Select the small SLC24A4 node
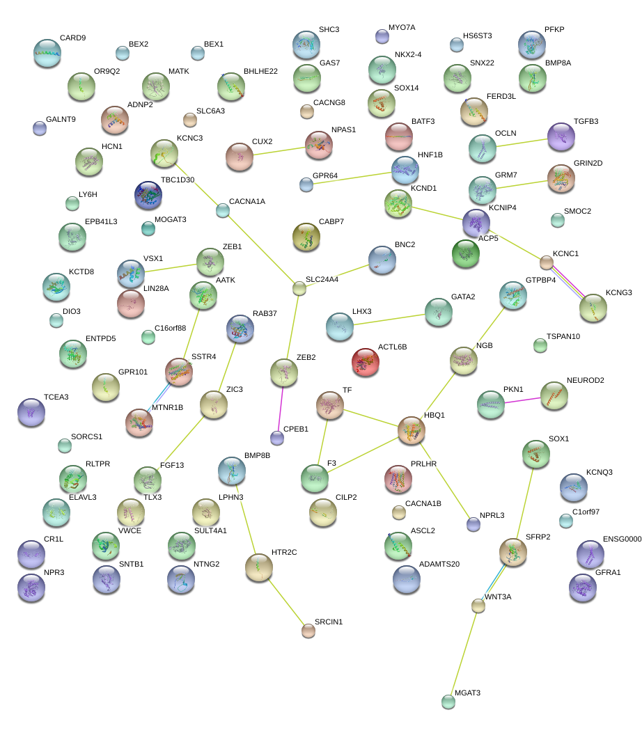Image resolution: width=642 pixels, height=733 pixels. (x=299, y=287)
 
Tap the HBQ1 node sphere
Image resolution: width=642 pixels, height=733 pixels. (x=412, y=432)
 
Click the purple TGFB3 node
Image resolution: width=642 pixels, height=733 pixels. (x=561, y=136)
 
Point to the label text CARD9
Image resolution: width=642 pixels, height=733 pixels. (x=72, y=38)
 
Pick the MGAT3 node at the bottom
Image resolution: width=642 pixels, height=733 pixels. (x=448, y=701)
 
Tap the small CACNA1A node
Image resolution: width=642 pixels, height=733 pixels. (x=223, y=210)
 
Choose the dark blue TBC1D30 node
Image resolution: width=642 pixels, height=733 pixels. (x=148, y=196)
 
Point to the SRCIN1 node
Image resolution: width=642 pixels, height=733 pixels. (x=308, y=631)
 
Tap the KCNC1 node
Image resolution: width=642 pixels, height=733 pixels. (x=547, y=262)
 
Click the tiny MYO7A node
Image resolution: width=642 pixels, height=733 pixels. (x=382, y=36)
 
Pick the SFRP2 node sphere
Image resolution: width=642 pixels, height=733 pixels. (x=512, y=552)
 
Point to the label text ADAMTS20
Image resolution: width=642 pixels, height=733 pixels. (x=439, y=564)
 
